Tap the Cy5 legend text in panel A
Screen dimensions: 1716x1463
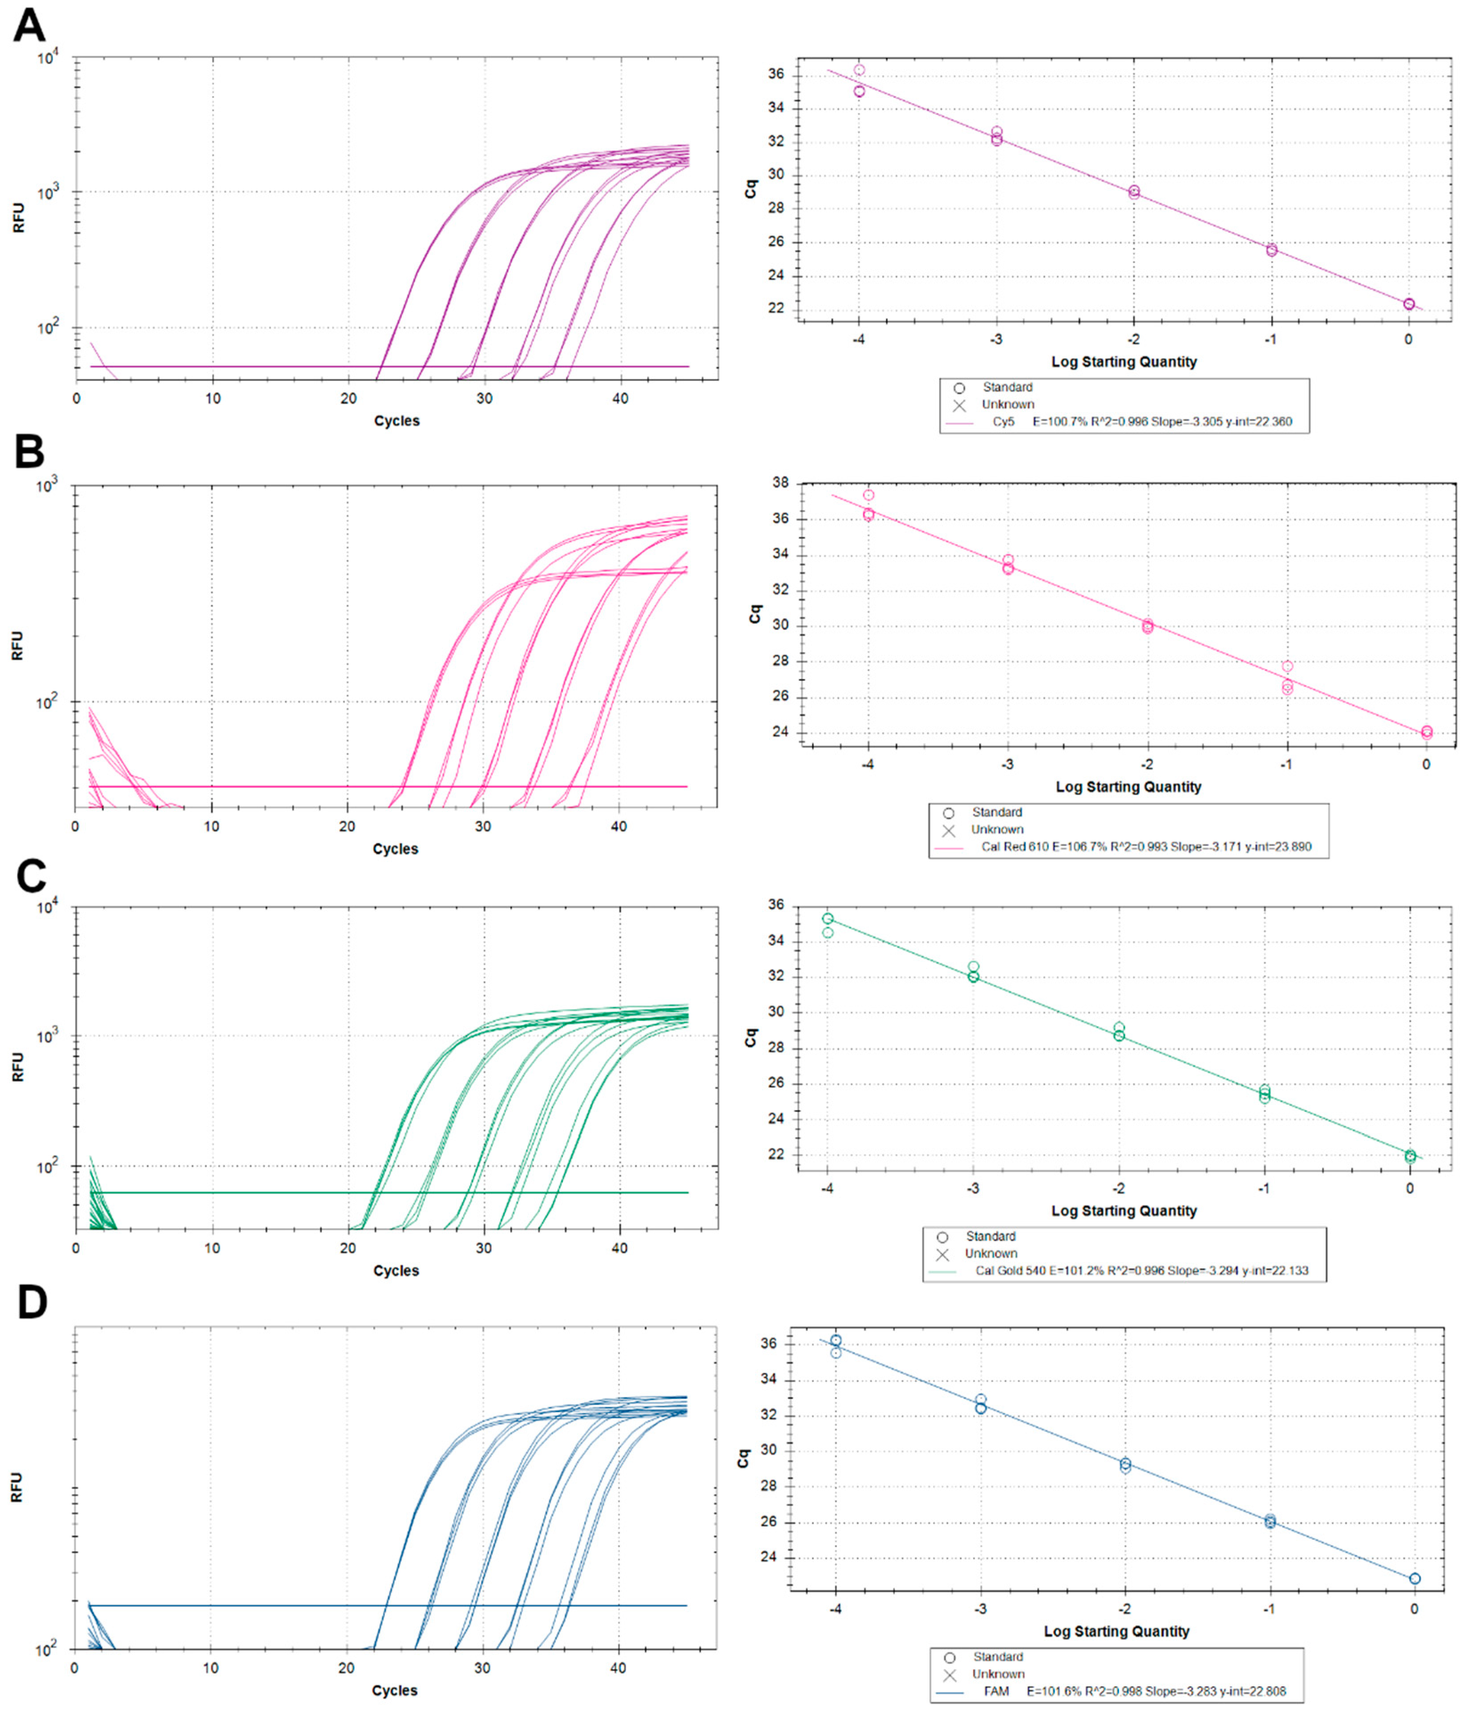click(x=1003, y=421)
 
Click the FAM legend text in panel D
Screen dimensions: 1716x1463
click(x=997, y=1691)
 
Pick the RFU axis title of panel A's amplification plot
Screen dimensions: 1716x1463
click(x=18, y=218)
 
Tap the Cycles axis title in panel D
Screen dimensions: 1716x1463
click(x=394, y=1690)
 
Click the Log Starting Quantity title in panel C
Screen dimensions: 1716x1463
click(x=1124, y=1211)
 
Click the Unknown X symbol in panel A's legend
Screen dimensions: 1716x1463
click(x=959, y=405)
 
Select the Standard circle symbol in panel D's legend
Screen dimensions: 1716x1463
click(x=950, y=1657)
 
